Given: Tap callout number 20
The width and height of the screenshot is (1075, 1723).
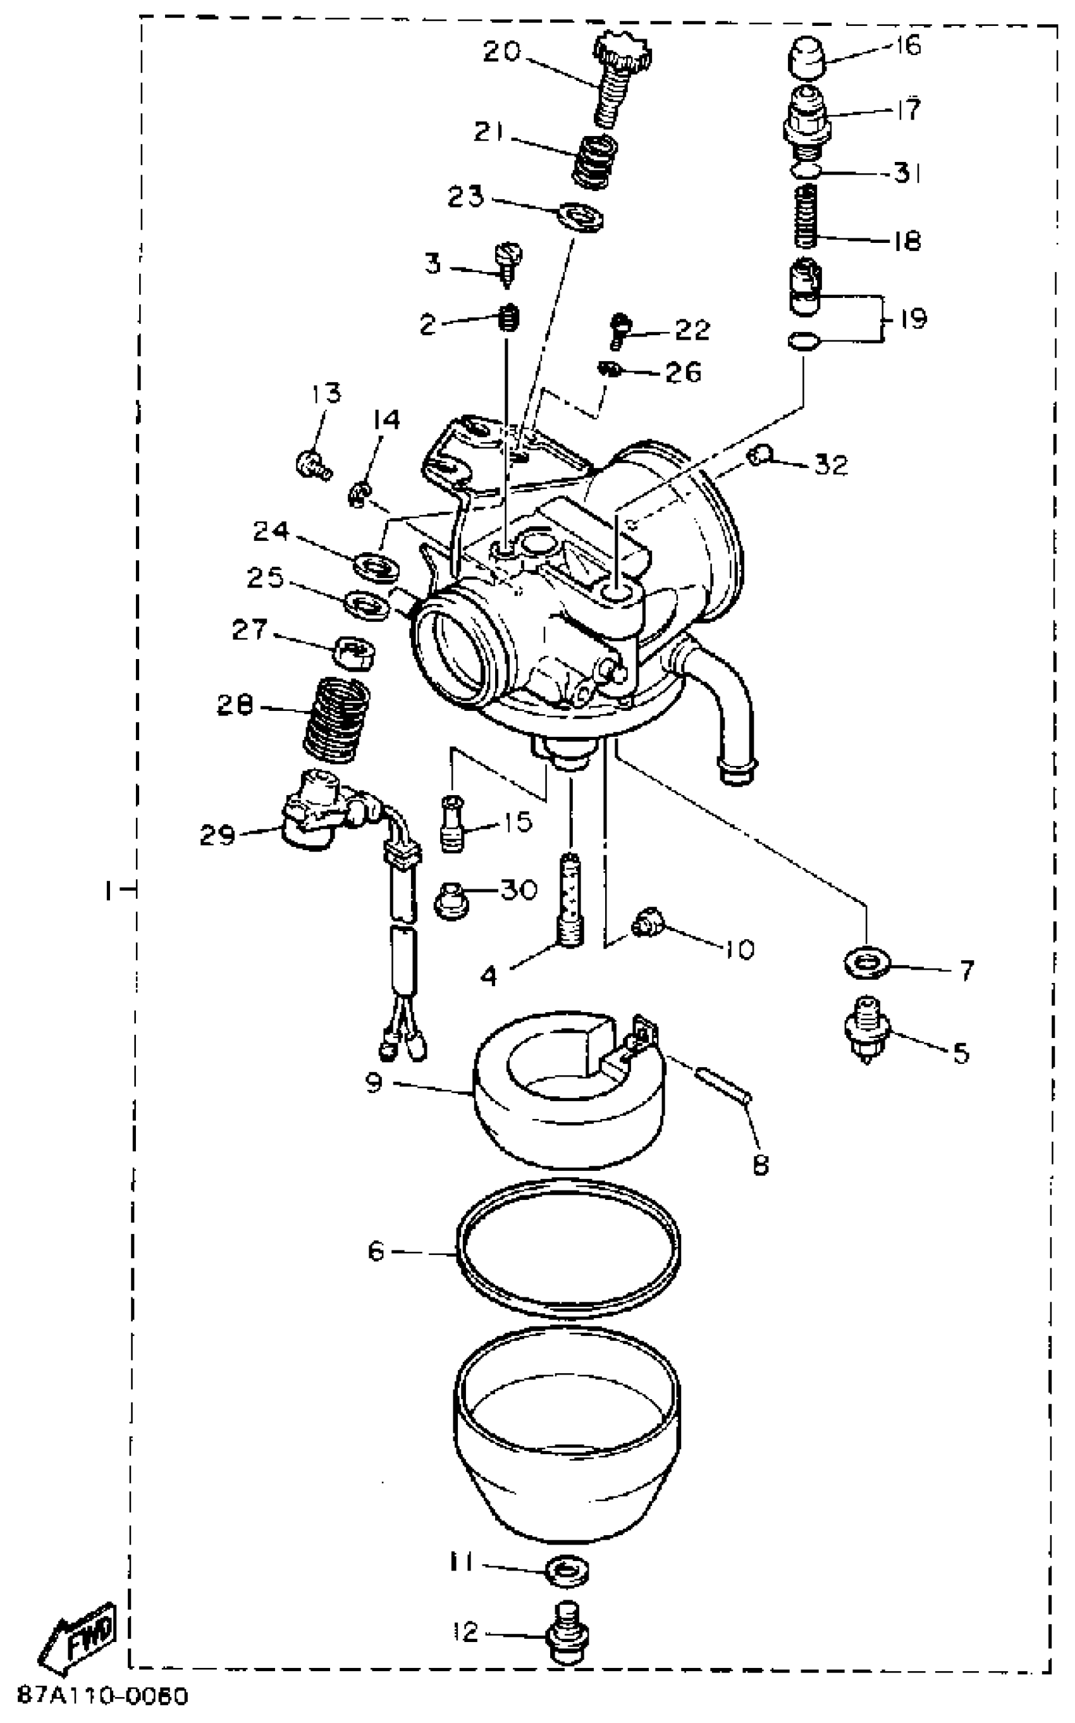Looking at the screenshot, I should pos(502,52).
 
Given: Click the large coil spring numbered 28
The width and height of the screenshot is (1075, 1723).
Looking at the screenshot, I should pos(336,718).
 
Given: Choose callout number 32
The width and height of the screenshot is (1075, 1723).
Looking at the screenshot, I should pos(830,465).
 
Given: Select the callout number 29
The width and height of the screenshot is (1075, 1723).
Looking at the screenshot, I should pos(217,834).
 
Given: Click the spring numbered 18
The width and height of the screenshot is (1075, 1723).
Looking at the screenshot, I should pos(806,216).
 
